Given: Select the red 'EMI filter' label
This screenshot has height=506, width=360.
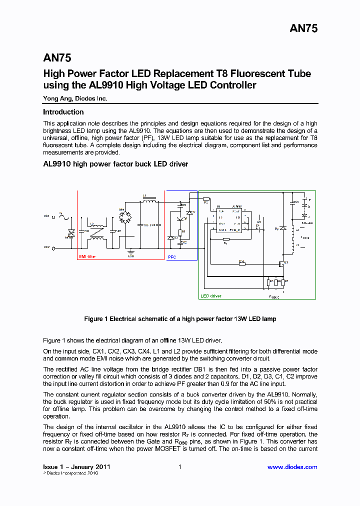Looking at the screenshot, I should (87, 256).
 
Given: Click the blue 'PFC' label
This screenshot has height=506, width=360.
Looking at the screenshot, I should (172, 256).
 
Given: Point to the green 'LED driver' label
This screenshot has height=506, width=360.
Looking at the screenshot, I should (211, 296).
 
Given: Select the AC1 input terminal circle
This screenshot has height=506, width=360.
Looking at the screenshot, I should (53, 217).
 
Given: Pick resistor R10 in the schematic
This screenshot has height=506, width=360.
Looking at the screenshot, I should (242, 263).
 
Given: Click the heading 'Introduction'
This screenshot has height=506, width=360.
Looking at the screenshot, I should (63, 112).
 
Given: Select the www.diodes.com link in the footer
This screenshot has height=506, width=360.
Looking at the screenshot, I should (292, 467).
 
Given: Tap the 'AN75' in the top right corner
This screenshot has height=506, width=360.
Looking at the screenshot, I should (303, 29).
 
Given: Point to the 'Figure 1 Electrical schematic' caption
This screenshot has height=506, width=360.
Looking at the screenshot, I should (179, 318).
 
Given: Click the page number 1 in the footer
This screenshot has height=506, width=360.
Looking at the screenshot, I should (179, 467).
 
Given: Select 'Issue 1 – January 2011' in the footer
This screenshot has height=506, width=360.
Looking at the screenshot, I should (76, 467).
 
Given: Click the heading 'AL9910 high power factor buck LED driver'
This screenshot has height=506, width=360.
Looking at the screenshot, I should (115, 164).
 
